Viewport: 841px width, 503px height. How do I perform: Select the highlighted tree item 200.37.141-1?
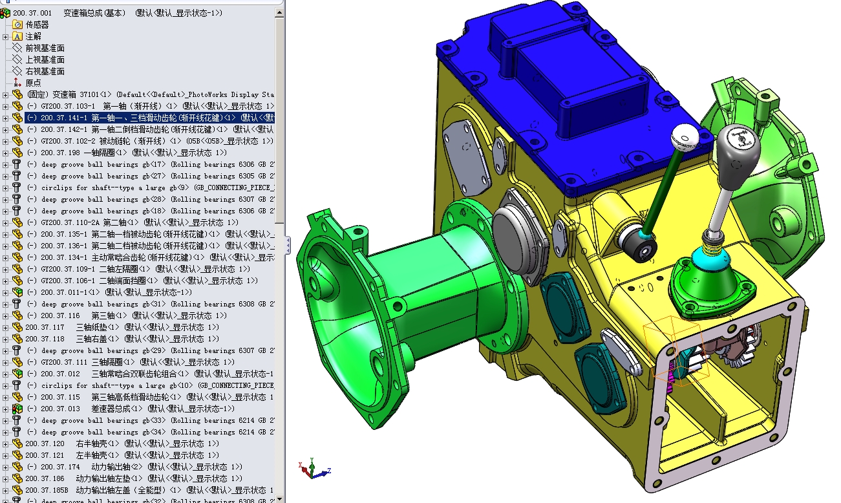[x=149, y=118]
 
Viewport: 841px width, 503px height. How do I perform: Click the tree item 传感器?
[x=37, y=25]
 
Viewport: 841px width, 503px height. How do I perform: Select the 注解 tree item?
[x=33, y=36]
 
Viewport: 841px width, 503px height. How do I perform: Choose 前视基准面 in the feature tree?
[x=45, y=48]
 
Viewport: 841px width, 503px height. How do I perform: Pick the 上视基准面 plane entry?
[x=45, y=59]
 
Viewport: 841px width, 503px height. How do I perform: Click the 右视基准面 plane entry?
[x=45, y=71]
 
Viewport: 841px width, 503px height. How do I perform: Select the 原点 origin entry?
[x=33, y=83]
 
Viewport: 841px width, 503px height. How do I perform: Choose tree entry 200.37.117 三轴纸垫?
[x=71, y=327]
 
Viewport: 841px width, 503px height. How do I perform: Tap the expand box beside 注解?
[x=5, y=36]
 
